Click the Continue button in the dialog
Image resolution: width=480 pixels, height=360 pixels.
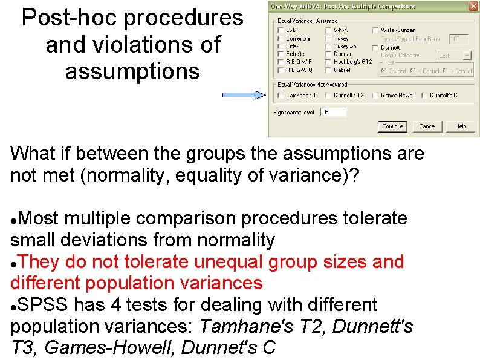(x=392, y=126)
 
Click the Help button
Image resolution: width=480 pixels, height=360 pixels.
(x=461, y=126)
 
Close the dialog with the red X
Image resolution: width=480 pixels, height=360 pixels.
(x=473, y=6)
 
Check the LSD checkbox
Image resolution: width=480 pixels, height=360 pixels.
(x=281, y=30)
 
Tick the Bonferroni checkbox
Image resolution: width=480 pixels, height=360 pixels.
(x=281, y=38)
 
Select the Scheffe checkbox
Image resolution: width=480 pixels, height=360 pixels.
(x=281, y=54)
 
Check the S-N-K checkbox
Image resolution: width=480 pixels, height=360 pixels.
(x=328, y=30)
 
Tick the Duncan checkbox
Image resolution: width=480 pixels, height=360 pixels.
(x=328, y=54)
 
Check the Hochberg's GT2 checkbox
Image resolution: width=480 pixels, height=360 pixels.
(x=328, y=62)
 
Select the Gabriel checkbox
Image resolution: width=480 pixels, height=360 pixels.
(x=328, y=70)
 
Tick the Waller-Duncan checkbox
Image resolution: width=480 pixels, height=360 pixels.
(x=375, y=30)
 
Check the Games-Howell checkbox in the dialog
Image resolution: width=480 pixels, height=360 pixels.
(x=375, y=96)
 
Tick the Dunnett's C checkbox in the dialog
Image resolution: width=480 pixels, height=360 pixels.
(x=424, y=96)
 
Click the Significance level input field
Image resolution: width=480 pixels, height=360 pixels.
(x=333, y=112)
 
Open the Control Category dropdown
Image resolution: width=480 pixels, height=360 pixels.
(x=467, y=55)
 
